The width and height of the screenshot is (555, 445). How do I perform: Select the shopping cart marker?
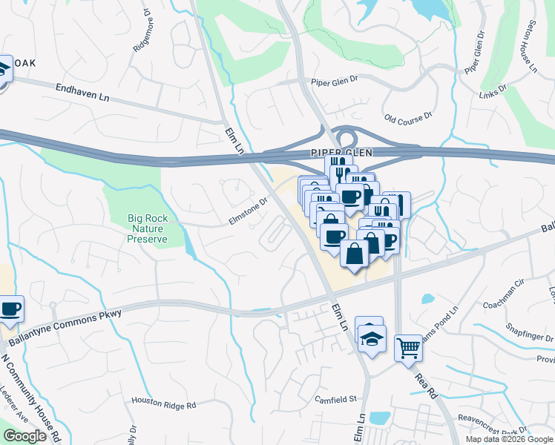(408, 347)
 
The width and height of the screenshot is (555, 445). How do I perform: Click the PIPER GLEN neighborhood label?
(338, 152)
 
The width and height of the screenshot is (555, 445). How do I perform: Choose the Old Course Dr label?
(408, 119)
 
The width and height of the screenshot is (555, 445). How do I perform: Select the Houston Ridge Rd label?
(163, 405)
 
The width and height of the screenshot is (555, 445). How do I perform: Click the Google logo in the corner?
(25, 436)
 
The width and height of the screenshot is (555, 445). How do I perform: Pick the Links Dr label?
(492, 89)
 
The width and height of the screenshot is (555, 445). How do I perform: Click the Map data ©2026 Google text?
(508, 439)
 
